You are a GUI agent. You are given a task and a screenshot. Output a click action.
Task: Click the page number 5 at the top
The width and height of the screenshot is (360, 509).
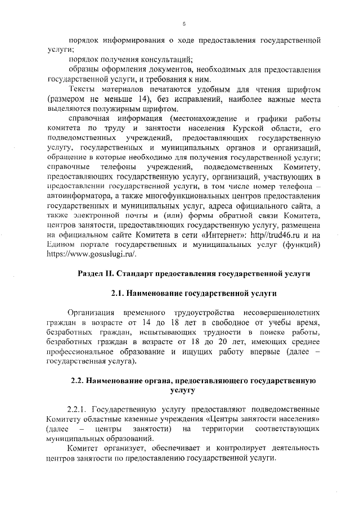coord(184,24)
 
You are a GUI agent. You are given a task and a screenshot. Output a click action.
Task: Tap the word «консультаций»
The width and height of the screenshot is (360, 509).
coord(166,60)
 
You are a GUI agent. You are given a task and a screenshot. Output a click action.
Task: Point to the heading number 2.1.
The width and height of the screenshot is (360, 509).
coord(117,292)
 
